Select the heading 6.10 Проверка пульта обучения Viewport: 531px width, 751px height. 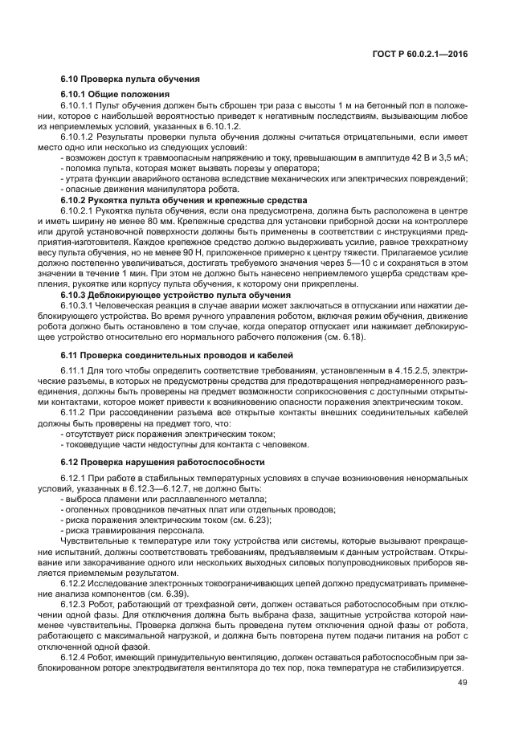point(130,80)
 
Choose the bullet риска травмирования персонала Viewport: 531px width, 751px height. point(127,530)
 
